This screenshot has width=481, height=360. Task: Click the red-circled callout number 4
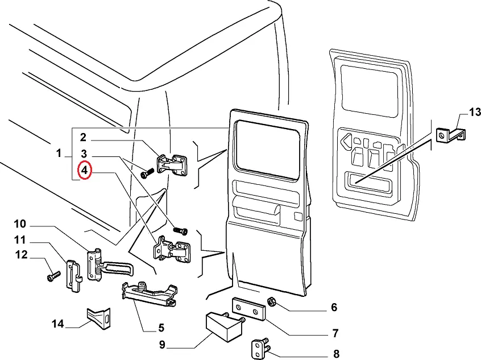(84, 171)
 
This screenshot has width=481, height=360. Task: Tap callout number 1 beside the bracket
(59, 154)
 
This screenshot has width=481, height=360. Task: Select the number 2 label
(82, 137)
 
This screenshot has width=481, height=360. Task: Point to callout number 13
(475, 111)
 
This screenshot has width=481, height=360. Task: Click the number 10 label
(20, 223)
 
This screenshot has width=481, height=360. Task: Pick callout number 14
(57, 324)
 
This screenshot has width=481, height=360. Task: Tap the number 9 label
(162, 344)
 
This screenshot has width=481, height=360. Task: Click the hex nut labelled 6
(272, 301)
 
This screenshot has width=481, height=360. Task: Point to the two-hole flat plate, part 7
(248, 309)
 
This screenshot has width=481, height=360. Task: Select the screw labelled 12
(51, 276)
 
